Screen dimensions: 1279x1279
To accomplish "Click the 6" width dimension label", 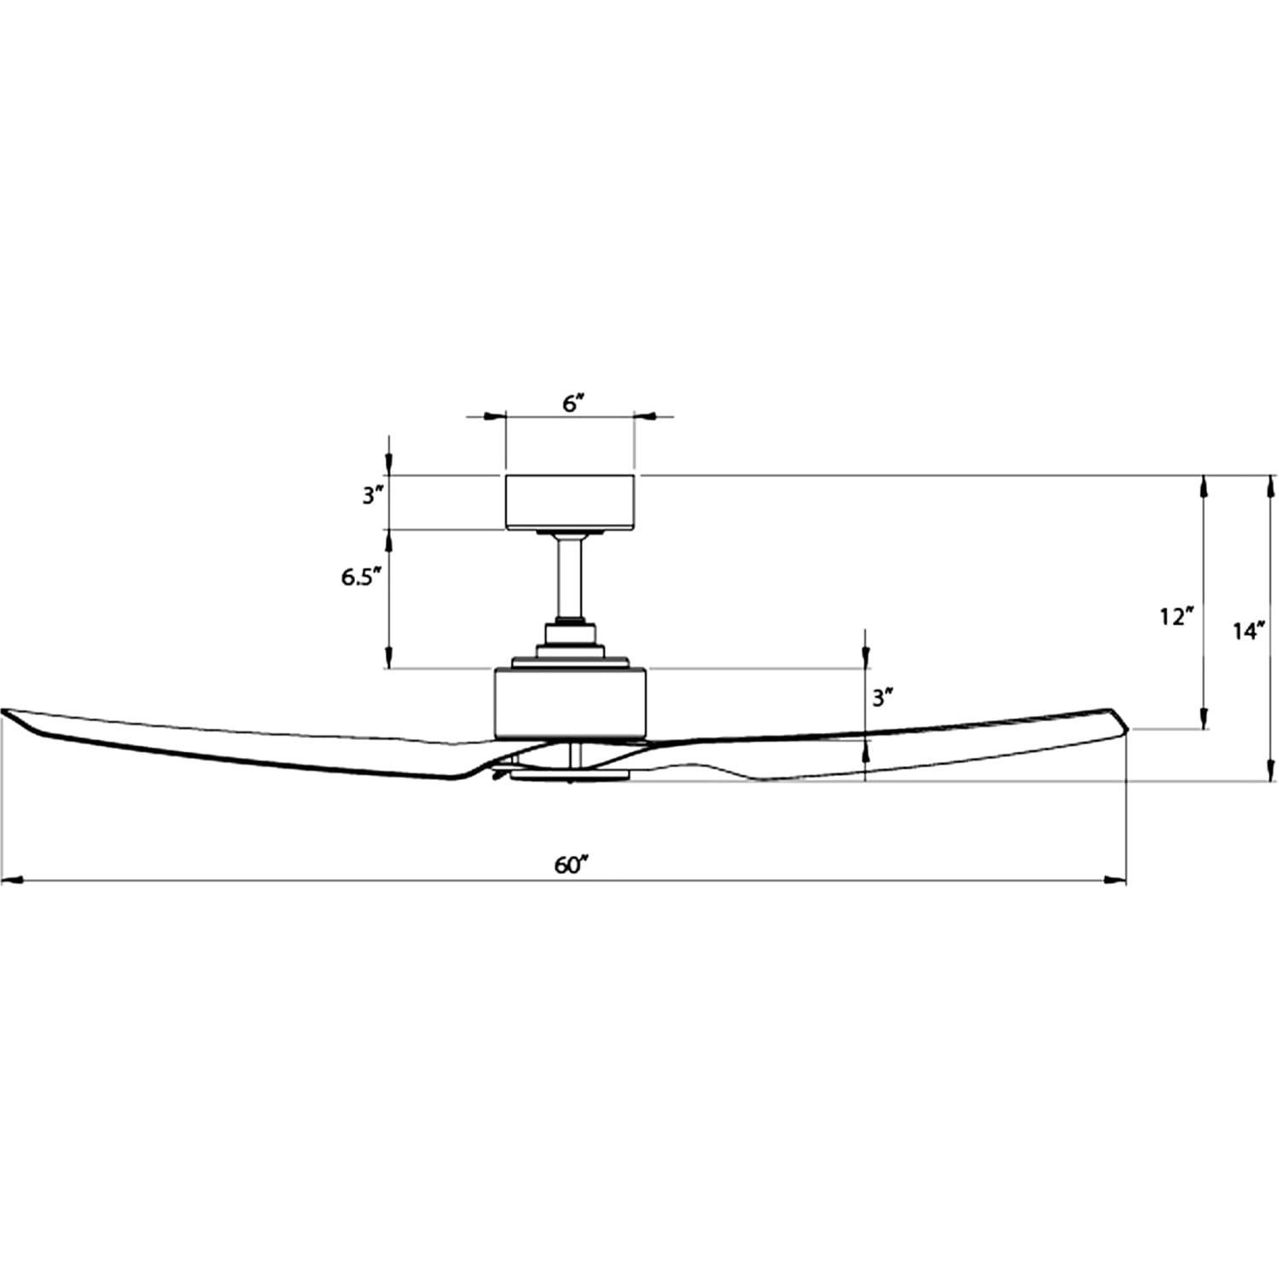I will pos(571,404).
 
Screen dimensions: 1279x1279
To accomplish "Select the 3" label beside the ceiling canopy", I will pos(369,496).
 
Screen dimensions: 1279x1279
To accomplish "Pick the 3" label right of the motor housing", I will pos(882,698).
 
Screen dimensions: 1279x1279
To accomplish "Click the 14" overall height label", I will pos(1247,631).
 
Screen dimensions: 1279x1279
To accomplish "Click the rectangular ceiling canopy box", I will pos(569,502).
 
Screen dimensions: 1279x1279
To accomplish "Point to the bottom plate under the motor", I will pos(569,776).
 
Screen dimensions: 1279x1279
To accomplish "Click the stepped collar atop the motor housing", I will pos(569,648).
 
